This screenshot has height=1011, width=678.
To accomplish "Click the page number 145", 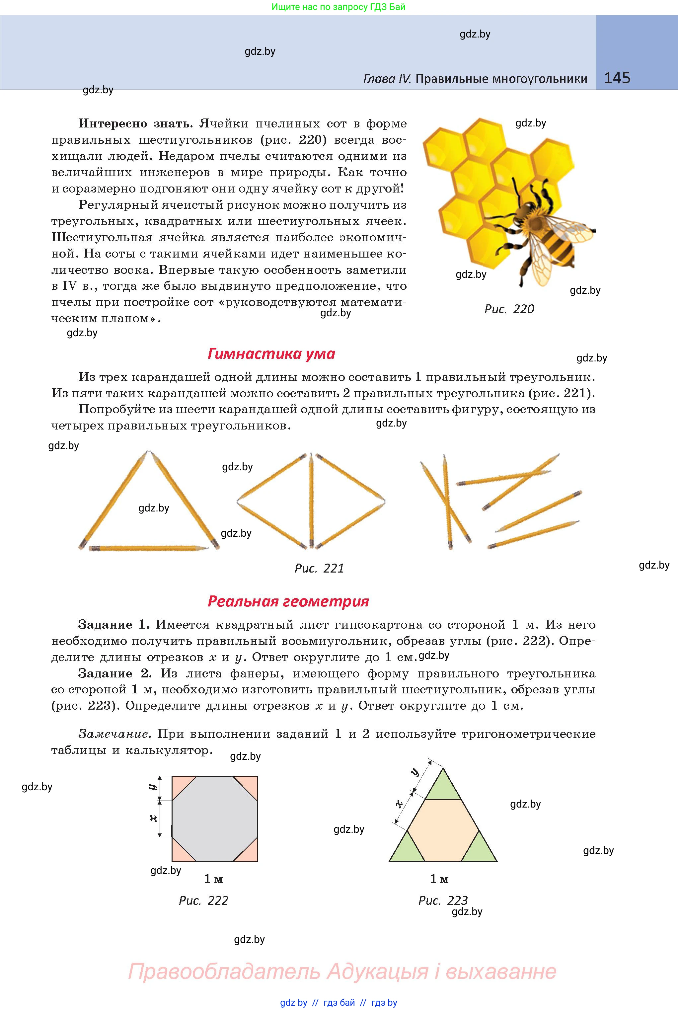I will pyautogui.click(x=617, y=78).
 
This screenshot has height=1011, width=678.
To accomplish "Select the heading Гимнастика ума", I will pyautogui.click(x=271, y=354).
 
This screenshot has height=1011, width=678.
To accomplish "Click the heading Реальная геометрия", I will pyautogui.click(x=288, y=601).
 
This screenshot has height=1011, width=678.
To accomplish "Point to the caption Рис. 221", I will pyautogui.click(x=319, y=568).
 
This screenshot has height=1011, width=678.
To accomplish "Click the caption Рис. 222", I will pyautogui.click(x=203, y=900).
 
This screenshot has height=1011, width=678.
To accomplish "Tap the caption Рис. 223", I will pyautogui.click(x=443, y=900).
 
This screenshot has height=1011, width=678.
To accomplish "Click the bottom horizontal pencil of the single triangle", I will pyautogui.click(x=148, y=548).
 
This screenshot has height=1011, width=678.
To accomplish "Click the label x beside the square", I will pyautogui.click(x=153, y=818).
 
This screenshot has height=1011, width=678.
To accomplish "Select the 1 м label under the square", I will pyautogui.click(x=213, y=878).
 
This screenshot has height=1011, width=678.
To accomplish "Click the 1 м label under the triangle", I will pyautogui.click(x=439, y=878).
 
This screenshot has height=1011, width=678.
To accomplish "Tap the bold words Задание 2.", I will pyautogui.click(x=114, y=673).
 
